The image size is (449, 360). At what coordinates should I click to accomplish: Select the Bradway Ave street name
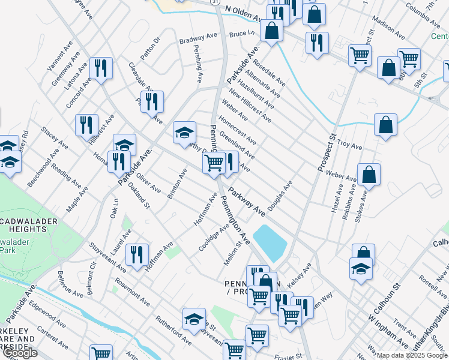tap(198, 39)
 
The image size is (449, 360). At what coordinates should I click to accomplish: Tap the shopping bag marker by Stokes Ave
tap(369, 174)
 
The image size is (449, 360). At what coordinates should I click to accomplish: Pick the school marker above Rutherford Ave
tap(194, 319)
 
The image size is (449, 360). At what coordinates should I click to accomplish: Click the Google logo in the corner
tap(20, 353)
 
